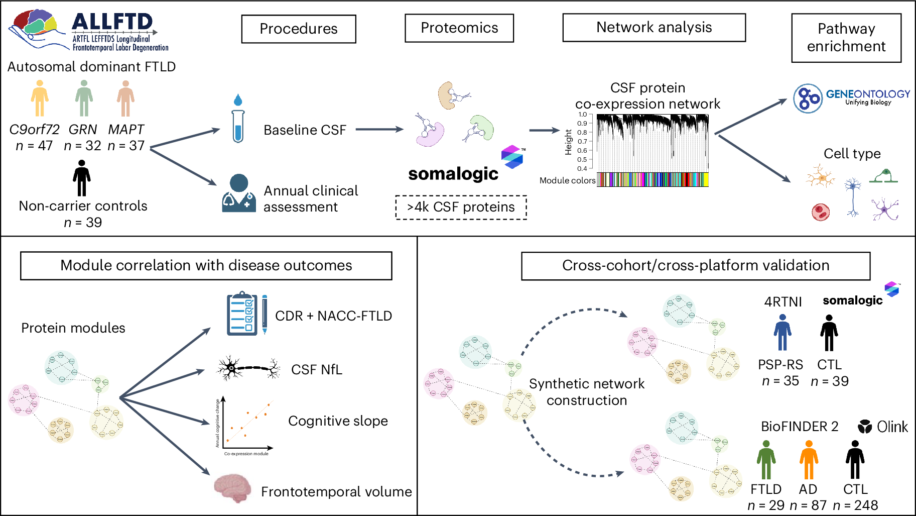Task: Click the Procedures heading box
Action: coord(299,29)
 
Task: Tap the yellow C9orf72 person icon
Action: coord(40,98)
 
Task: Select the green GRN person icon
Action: coord(84,98)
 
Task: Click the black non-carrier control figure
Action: coord(81,178)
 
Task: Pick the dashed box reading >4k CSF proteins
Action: coord(461,207)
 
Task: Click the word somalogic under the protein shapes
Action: coord(453,174)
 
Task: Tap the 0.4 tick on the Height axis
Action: coord(582,169)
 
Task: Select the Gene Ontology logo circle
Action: coord(808,98)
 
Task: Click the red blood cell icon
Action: coord(821,212)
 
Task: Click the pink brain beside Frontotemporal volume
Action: coord(232,487)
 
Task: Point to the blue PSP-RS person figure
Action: coord(782,333)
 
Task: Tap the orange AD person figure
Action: coord(809,460)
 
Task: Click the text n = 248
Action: coord(855,505)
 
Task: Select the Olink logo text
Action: coord(892,427)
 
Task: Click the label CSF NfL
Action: coord(317,370)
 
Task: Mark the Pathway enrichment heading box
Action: coord(846,38)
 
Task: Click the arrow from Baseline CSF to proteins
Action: coord(379,130)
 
